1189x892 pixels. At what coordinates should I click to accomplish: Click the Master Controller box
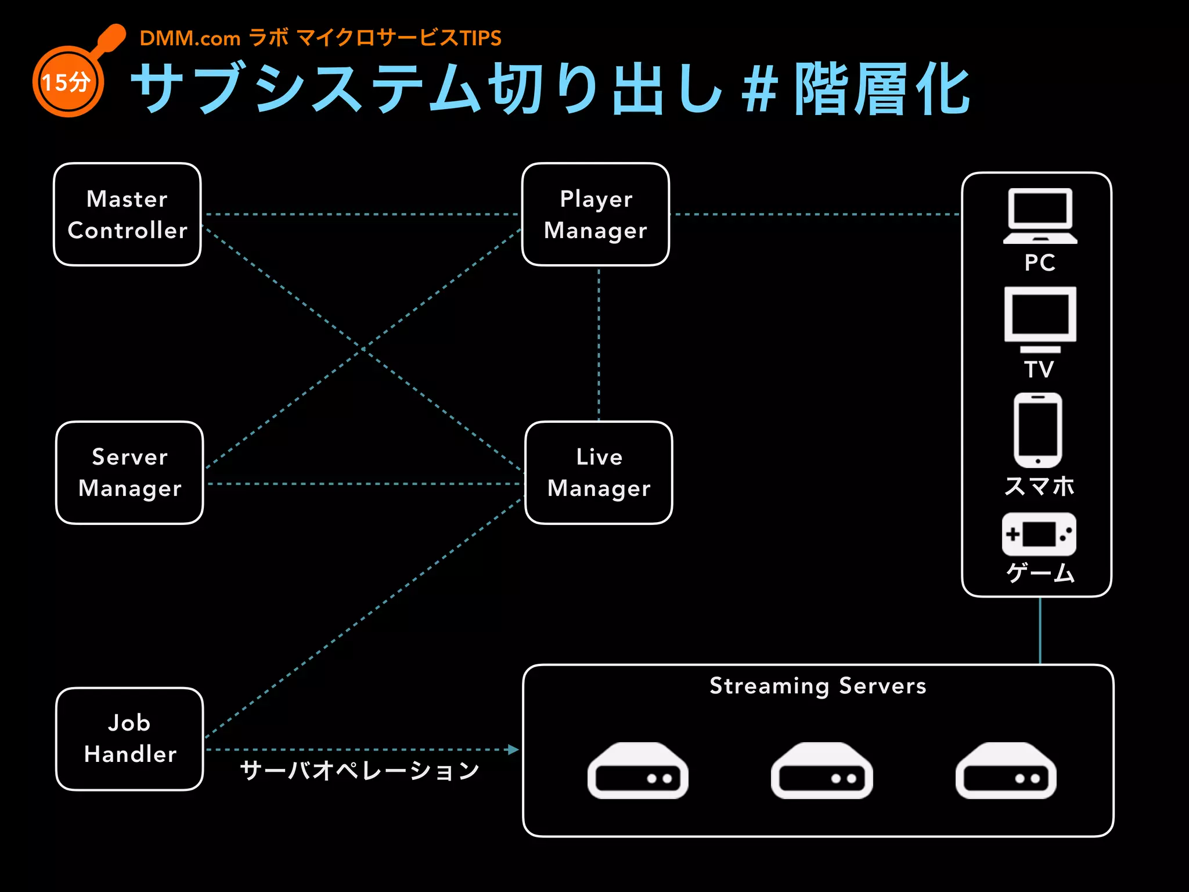pos(127,214)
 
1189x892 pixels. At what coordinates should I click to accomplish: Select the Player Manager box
pos(596,214)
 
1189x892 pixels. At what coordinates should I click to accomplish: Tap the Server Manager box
pos(129,473)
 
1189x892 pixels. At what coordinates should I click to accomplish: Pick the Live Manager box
pos(599,473)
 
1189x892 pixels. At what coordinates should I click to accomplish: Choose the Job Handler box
pos(129,739)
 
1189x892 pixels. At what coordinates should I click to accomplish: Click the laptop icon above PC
pos(1040,215)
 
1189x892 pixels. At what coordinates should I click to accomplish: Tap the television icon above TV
pos(1040,319)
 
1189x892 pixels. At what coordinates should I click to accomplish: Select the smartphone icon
pos(1038,430)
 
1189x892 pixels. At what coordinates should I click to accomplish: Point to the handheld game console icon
pos(1039,534)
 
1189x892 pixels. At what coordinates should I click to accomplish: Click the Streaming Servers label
pos(818,686)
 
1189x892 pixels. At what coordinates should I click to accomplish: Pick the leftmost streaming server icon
pos(637,771)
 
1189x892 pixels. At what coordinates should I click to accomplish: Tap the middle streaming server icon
pos(822,771)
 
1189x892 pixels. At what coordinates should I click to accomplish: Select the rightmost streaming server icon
pos(1006,771)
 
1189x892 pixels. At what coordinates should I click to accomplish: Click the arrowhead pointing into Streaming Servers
pos(513,750)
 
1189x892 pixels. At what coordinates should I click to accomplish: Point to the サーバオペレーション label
pos(359,771)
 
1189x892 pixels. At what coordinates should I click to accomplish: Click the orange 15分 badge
pos(68,82)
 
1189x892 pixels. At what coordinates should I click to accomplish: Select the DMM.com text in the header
pos(190,38)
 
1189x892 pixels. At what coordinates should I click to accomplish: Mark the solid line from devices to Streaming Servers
pos(1040,631)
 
